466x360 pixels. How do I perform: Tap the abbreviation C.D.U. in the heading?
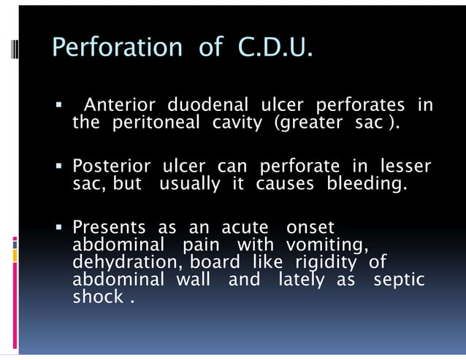[x=276, y=47]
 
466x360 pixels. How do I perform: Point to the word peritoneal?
[x=155, y=123]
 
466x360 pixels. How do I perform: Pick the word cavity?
[x=236, y=123]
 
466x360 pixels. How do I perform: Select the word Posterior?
[x=106, y=166]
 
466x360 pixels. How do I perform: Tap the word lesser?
[x=403, y=166]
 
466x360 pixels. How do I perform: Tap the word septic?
[x=399, y=279]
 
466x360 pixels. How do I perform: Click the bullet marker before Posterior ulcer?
[x=61, y=167]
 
